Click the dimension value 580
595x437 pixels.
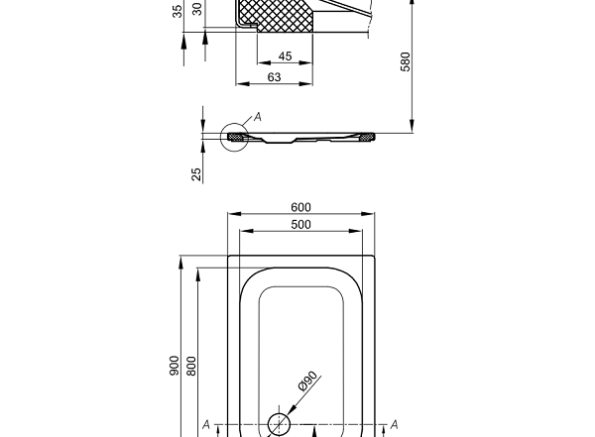tap(405, 61)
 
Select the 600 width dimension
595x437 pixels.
tap(300, 207)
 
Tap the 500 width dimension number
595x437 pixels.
tap(300, 225)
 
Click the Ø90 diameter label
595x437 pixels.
tap(307, 382)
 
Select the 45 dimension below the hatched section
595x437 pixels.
tap(285, 56)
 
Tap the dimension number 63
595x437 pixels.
tap(274, 76)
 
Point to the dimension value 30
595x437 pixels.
tap(196, 8)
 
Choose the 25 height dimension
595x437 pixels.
tap(197, 173)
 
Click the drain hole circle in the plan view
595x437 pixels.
tap(281, 423)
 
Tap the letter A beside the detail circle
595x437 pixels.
tap(258, 117)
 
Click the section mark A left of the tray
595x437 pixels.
tap(206, 425)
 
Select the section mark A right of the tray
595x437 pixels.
tap(394, 425)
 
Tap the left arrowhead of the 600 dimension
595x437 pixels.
tap(231, 214)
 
